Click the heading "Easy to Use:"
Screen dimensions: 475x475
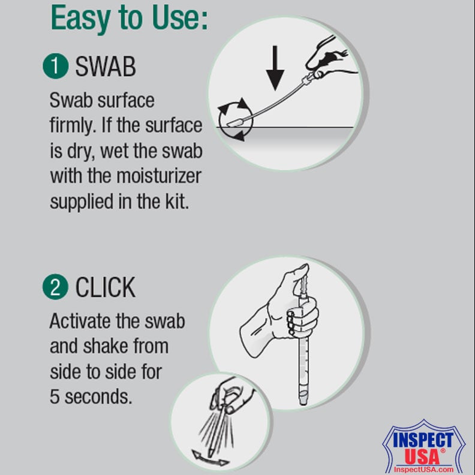(130, 19)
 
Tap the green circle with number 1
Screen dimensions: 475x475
(55, 66)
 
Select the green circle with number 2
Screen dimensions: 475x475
(55, 287)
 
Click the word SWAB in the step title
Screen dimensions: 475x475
(105, 67)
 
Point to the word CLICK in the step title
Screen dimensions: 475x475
(105, 287)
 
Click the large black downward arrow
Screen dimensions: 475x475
(275, 68)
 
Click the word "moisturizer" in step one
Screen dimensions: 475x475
(159, 176)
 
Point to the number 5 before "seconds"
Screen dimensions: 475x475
(55, 397)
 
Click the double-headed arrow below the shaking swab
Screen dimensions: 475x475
(211, 458)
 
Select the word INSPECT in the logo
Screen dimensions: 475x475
(423, 440)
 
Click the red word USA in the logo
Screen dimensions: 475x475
(422, 456)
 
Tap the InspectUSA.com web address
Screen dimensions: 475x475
(423, 469)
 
